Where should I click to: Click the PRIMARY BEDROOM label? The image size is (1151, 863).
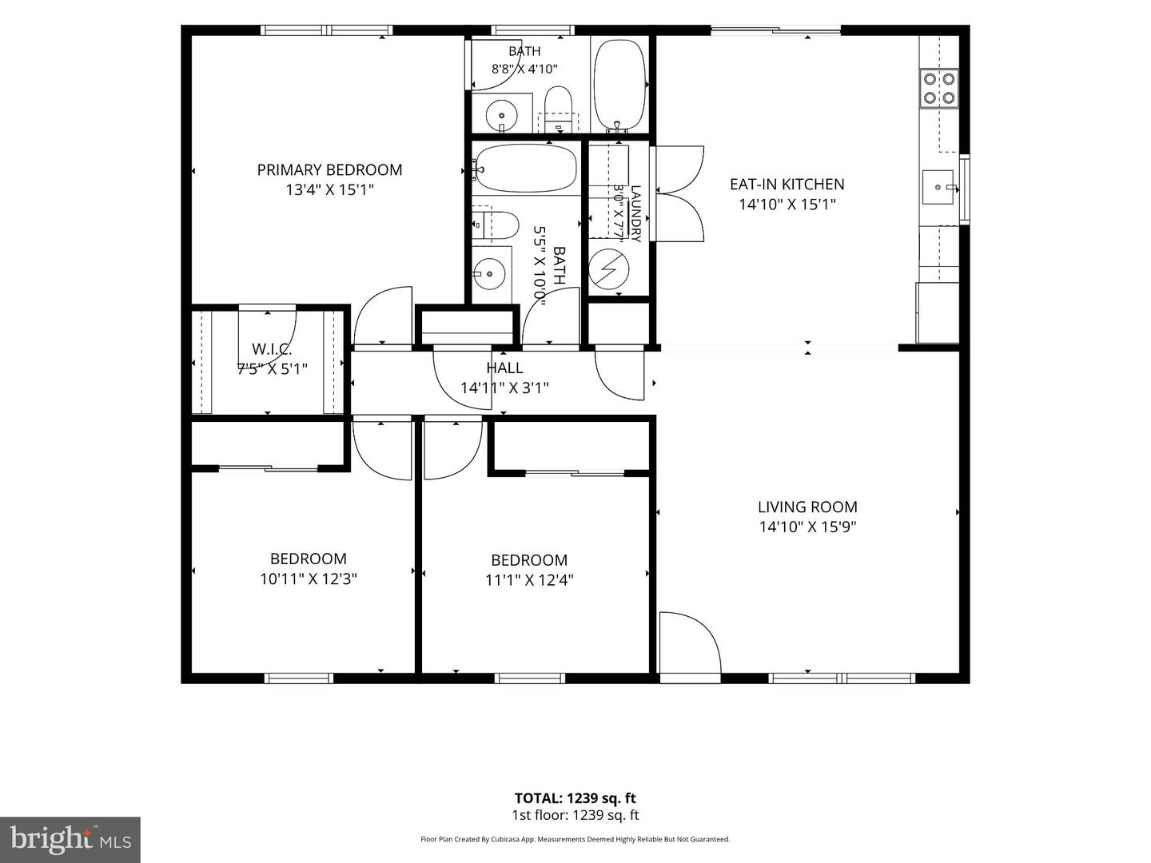point(329,169)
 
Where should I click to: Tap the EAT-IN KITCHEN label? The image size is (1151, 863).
point(787,185)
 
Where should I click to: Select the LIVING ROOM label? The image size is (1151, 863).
point(807,507)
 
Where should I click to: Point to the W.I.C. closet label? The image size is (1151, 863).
point(272,349)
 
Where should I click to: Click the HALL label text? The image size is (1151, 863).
point(504,368)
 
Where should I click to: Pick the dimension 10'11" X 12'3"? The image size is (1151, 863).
point(309,579)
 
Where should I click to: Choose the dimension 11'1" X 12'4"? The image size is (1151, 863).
point(529,580)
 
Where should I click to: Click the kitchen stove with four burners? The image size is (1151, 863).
point(938,89)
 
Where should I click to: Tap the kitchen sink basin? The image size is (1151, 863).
point(938,187)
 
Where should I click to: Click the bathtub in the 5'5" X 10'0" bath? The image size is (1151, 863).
point(524,169)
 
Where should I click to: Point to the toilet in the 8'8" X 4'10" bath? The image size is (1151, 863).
point(557,109)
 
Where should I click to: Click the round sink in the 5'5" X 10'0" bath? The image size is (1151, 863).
point(488,273)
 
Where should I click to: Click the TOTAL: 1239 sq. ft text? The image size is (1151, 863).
point(575,798)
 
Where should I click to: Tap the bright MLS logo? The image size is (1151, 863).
point(70,840)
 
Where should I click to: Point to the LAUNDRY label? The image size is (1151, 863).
point(635,214)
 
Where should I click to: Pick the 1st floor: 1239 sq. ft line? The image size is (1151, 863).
point(575,815)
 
